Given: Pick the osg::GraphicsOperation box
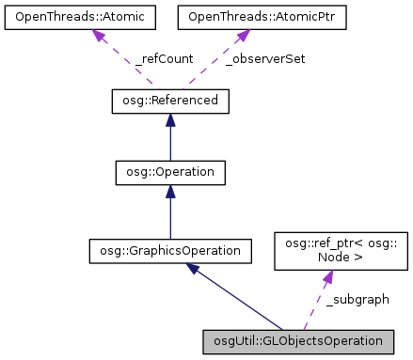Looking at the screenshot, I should click(169, 250).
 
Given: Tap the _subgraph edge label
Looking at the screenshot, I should click(357, 299).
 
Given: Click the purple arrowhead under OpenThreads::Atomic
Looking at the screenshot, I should click(97, 35).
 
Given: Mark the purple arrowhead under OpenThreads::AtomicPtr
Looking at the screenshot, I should click(242, 36).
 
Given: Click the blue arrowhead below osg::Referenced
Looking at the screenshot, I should click(169, 120).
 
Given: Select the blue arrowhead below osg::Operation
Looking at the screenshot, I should click(169, 192).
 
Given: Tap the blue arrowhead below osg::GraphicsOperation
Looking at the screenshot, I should click(193, 269).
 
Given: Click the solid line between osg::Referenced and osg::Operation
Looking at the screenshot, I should click(169, 144).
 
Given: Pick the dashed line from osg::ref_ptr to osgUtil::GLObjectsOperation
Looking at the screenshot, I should click(316, 305).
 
